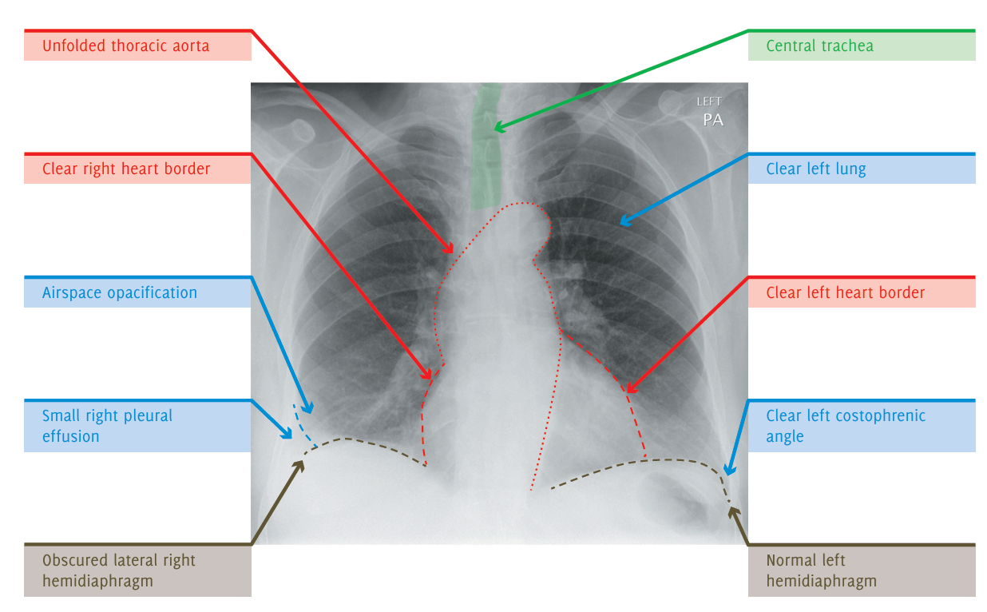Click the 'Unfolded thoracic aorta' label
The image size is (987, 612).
126,46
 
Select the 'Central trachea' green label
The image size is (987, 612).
819,46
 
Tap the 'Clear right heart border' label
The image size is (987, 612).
126,169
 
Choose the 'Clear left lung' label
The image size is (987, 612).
815,169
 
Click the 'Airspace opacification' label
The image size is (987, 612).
120,292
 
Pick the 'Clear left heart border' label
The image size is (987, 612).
845,292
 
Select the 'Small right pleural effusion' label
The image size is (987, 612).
107,426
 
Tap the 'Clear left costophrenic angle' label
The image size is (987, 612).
845,426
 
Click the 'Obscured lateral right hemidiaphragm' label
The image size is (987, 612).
118,570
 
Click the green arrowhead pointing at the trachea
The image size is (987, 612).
498,126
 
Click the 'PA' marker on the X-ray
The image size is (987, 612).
712,120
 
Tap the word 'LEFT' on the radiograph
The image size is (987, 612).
709,101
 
